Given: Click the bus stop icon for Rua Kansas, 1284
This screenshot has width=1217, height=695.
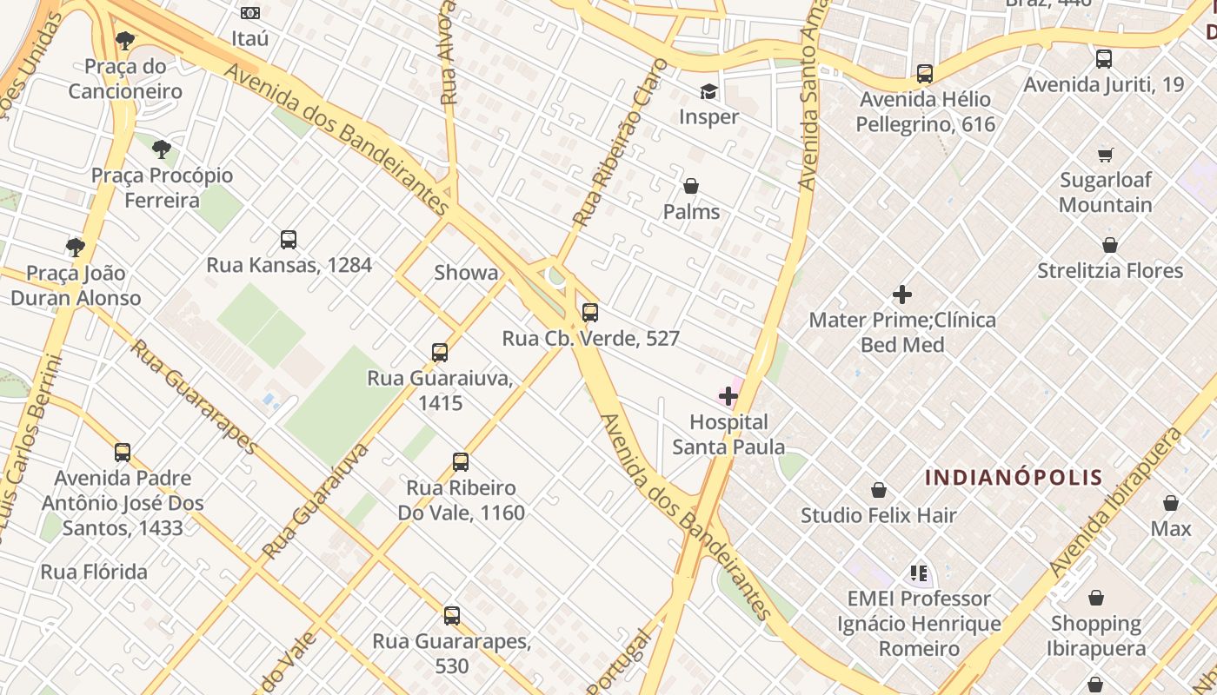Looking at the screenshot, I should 289,240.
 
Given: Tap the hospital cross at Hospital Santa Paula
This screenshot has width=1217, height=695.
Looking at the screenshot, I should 728,397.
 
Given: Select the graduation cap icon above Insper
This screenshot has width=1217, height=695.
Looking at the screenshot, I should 709,91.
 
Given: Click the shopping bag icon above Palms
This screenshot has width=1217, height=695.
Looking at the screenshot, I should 691,186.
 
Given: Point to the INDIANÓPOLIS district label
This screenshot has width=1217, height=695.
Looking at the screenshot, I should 1014,477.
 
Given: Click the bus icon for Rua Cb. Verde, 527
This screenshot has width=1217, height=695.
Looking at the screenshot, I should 590,313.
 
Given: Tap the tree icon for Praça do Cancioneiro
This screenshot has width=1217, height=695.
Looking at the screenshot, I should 125,40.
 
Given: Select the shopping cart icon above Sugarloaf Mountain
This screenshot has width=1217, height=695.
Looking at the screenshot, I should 1105,155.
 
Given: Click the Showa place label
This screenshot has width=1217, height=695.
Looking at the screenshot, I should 467,273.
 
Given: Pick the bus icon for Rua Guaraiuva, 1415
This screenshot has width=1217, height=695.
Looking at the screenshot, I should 440,353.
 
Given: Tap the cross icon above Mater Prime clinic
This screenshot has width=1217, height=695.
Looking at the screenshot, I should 902,295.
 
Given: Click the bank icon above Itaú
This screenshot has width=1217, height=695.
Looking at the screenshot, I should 250,13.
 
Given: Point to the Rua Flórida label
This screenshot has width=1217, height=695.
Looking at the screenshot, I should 94,572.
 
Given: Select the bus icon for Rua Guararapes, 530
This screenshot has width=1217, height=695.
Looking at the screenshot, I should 452,616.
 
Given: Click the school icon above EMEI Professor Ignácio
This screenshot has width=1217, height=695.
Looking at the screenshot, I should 919,573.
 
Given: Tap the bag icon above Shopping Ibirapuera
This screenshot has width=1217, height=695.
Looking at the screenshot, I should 1096,598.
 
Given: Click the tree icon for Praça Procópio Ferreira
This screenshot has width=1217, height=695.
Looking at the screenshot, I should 162,149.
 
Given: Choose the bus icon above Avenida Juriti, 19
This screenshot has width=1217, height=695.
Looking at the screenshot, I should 1103,59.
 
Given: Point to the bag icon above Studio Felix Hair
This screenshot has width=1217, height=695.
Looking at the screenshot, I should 879,490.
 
